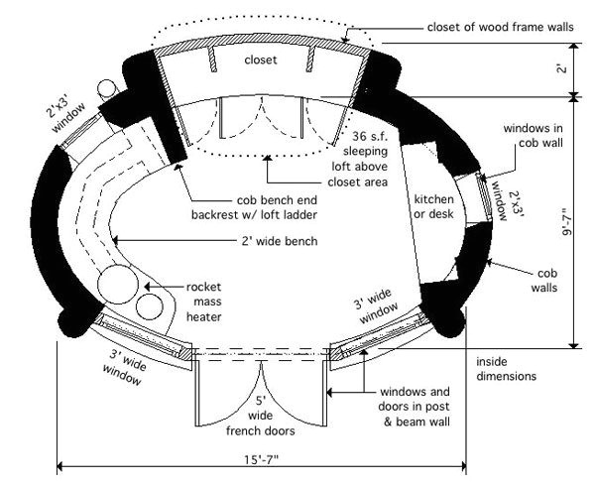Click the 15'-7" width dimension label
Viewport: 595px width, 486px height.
pyautogui.click(x=262, y=458)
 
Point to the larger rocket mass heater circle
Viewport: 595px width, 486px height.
pyautogui.click(x=118, y=285)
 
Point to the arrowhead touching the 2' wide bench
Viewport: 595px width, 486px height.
pyautogui.click(x=115, y=238)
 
